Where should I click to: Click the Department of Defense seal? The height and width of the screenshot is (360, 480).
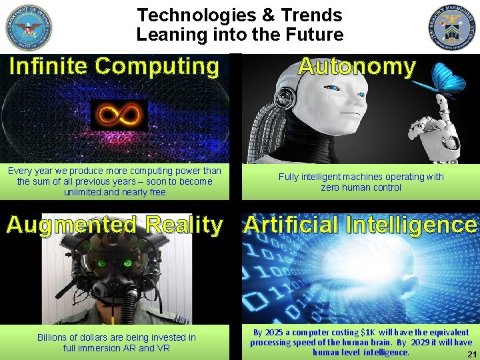click(x=28, y=27)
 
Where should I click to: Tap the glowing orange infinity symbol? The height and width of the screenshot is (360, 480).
click(x=119, y=116)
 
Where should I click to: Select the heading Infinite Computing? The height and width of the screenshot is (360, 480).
click(x=114, y=66)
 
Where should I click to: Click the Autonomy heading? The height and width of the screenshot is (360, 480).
click(x=357, y=66)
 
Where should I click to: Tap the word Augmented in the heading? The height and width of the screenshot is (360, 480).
click(x=73, y=225)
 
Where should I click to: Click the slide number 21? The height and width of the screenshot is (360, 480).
click(x=471, y=354)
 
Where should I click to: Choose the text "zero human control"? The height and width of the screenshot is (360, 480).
click(x=361, y=188)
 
